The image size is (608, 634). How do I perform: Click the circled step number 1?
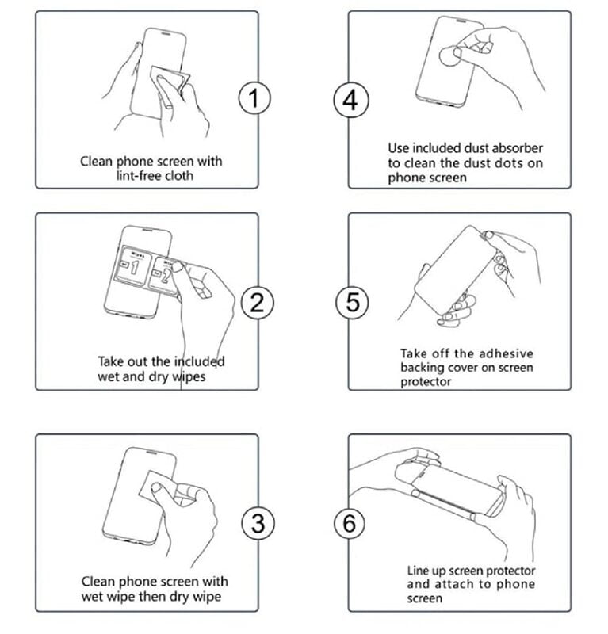pos(254,99)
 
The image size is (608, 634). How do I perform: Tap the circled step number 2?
pos(257,302)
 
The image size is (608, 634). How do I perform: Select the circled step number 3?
pos(257,522)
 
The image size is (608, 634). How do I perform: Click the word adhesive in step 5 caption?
pos(503,353)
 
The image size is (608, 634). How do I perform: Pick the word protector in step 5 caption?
pos(425,382)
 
